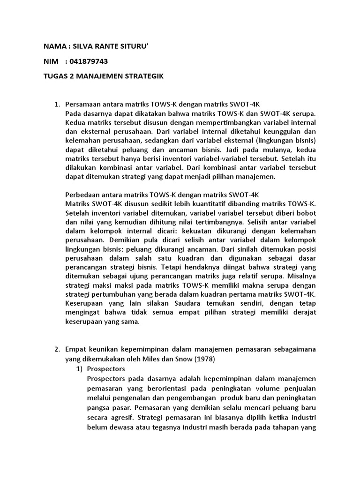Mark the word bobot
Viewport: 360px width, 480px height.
[307, 214]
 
